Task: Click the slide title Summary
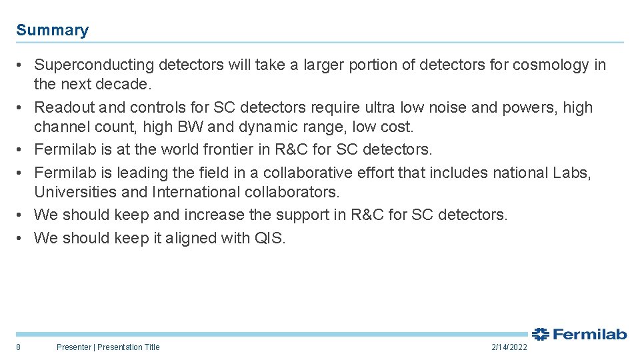(52, 30)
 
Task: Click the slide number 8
(18, 347)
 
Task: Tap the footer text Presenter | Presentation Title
(108, 347)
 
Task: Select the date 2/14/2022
(509, 347)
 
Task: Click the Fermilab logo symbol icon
(540, 334)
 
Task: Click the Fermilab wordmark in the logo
(589, 334)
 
